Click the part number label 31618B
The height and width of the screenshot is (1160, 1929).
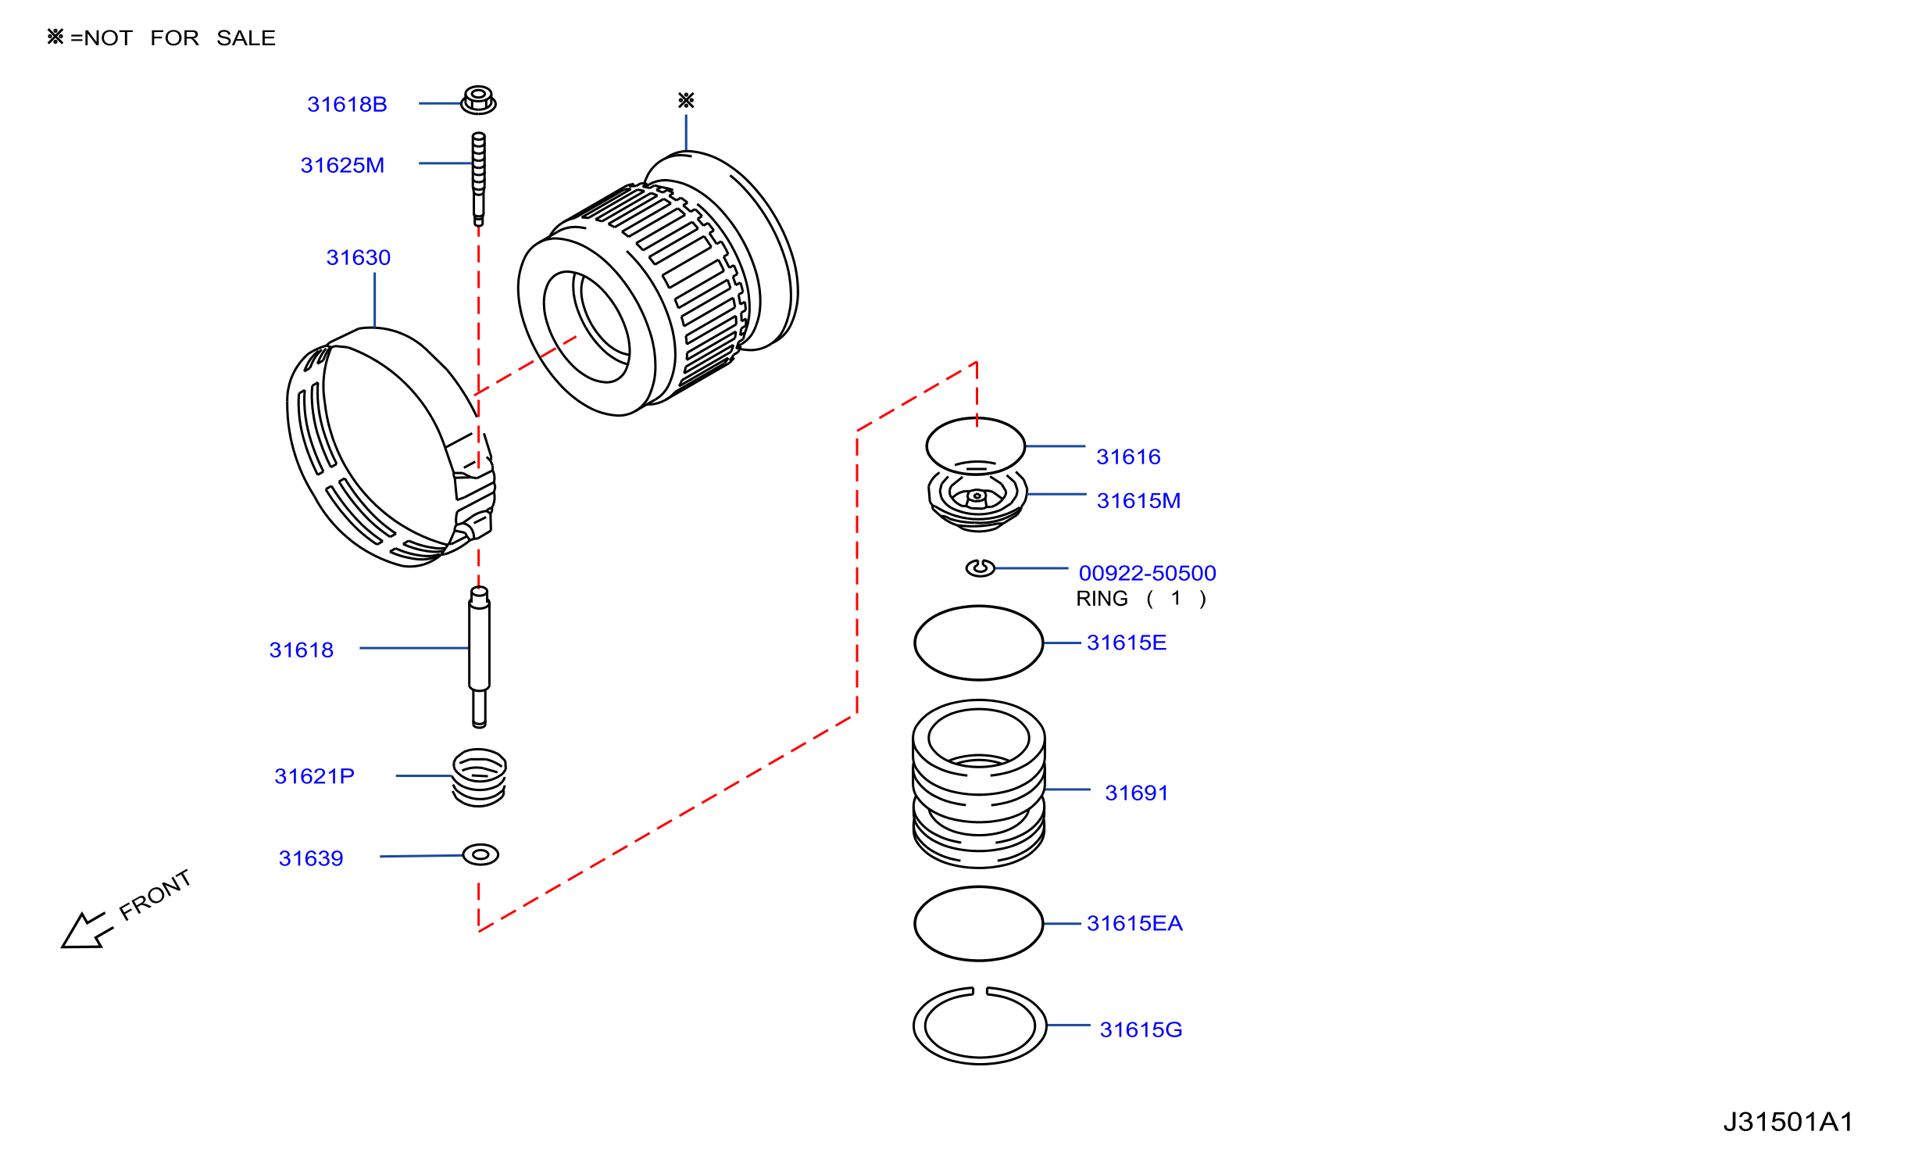tap(347, 104)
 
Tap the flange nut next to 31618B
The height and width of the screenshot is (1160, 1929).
tap(478, 100)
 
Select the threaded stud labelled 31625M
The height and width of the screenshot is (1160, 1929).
tap(478, 179)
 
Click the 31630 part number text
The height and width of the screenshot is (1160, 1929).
tap(358, 257)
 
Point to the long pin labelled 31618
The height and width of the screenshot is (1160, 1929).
tap(479, 657)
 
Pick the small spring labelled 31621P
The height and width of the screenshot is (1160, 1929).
tap(479, 777)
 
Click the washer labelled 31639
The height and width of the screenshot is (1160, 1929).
tap(480, 854)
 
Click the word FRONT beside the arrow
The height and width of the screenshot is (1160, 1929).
tap(155, 895)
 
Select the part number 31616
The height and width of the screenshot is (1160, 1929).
tap(1128, 456)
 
